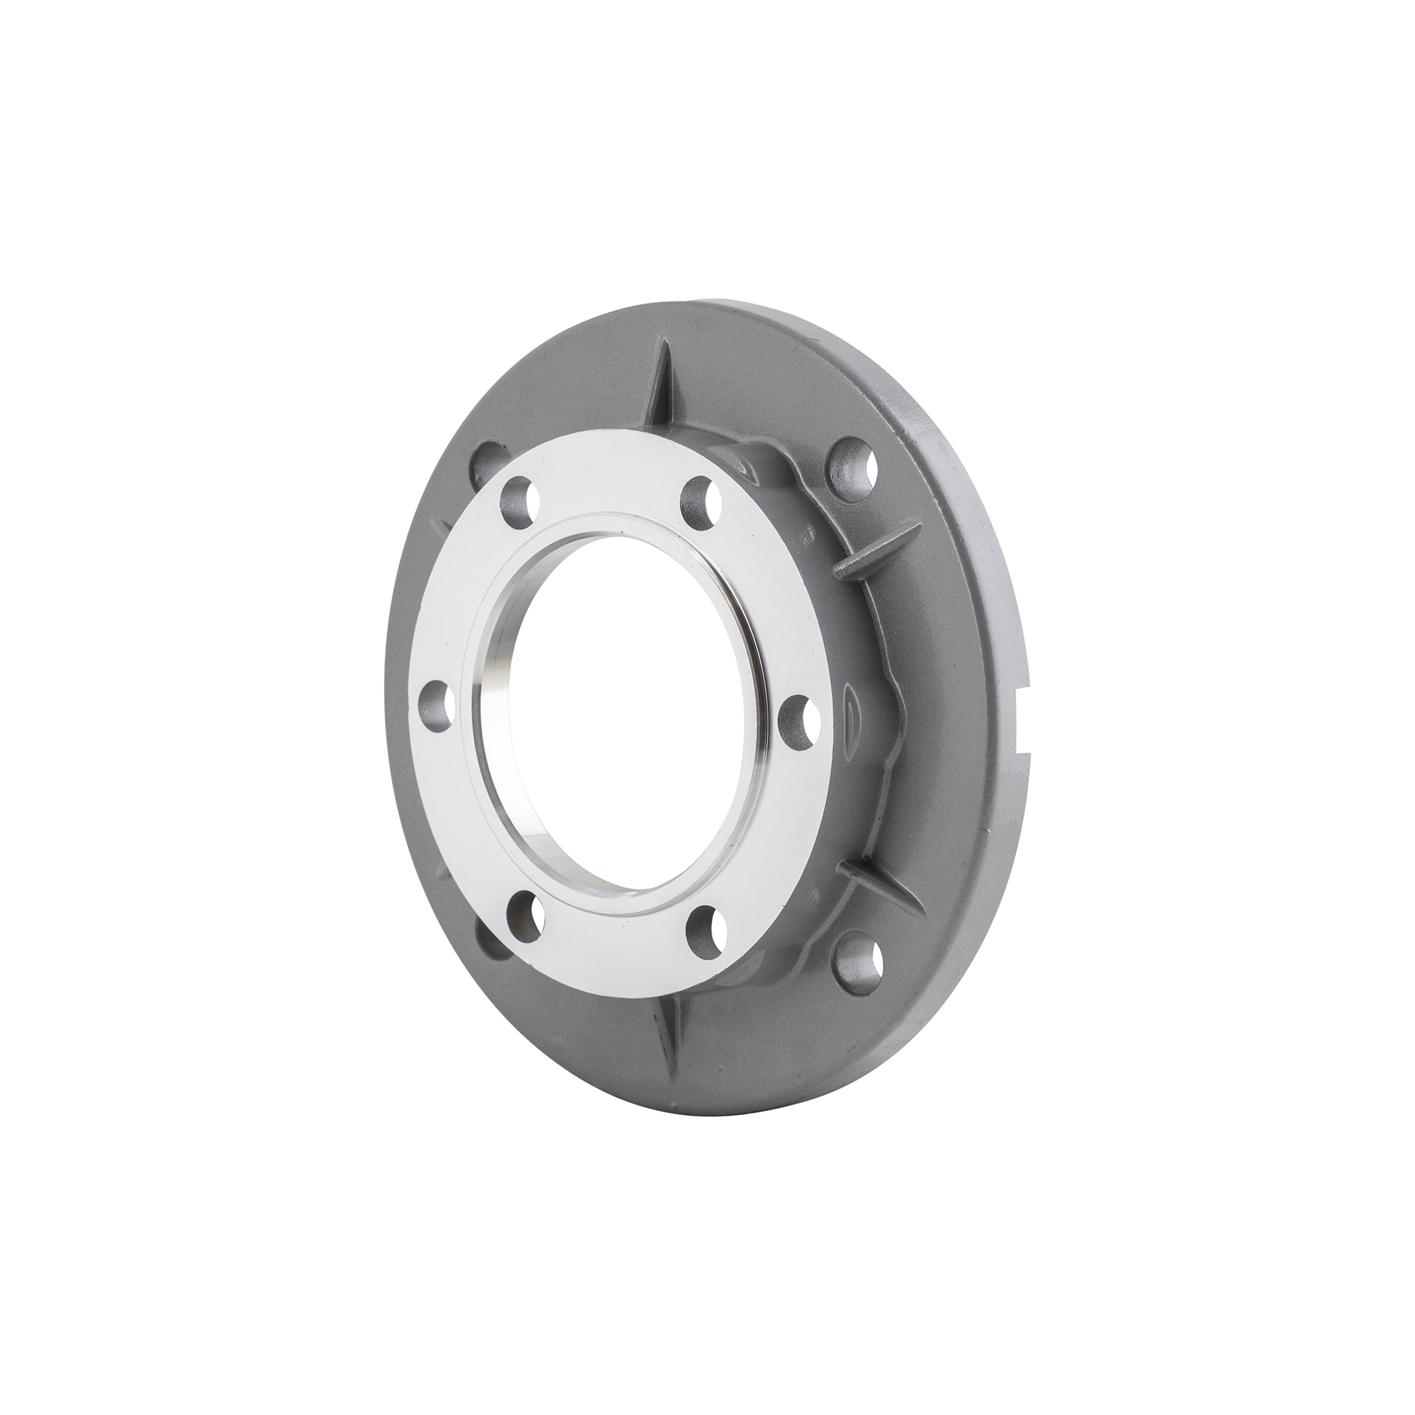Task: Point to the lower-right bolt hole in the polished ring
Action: [x=705, y=927]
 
